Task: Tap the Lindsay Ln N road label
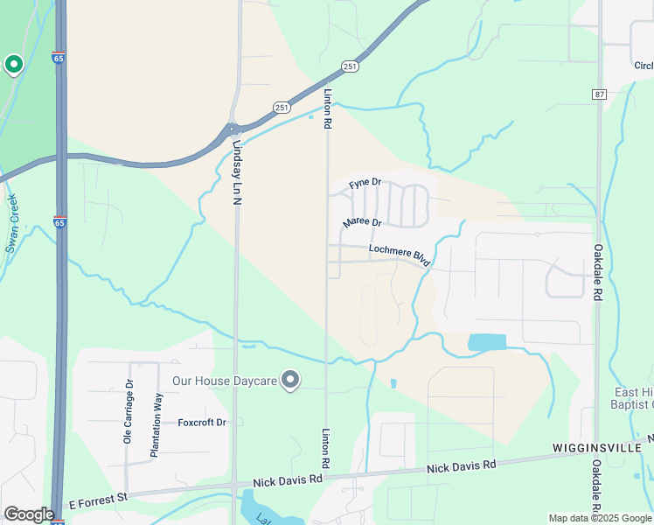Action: click(x=237, y=170)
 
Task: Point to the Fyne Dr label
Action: click(x=365, y=184)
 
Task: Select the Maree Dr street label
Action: click(x=362, y=223)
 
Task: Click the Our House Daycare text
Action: click(x=224, y=381)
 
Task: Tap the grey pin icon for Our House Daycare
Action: click(x=291, y=380)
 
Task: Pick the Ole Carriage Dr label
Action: click(x=128, y=411)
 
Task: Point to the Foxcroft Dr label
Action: click(x=202, y=423)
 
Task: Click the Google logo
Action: click(x=29, y=514)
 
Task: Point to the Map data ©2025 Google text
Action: click(x=600, y=518)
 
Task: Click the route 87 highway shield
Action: click(x=599, y=94)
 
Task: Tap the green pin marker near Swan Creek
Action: click(x=14, y=64)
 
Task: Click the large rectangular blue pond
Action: click(x=487, y=342)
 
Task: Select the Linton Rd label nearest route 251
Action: click(x=328, y=109)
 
